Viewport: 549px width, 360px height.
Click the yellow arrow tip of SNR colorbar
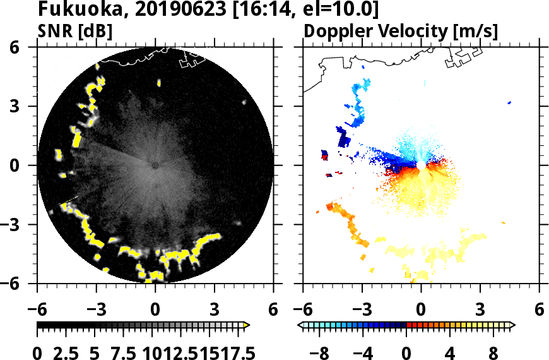pos(247,325)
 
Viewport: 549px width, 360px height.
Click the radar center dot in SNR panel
pos(155,165)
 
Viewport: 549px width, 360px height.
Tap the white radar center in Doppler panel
pos(421,165)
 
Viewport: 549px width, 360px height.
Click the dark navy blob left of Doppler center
pos(343,137)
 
